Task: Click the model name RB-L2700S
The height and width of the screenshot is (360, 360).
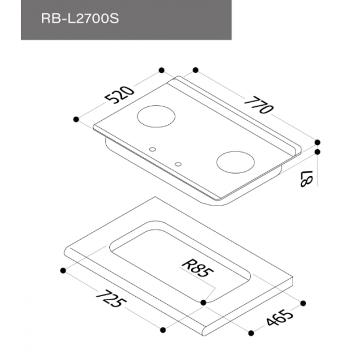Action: click(x=80, y=19)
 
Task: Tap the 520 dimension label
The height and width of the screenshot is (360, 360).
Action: click(x=120, y=95)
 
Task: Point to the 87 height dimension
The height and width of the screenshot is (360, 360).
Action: click(x=307, y=179)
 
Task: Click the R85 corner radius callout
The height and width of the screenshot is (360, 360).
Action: click(x=197, y=268)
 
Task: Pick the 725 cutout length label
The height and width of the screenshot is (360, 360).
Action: click(x=111, y=298)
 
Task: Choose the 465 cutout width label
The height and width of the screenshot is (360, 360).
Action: click(x=279, y=318)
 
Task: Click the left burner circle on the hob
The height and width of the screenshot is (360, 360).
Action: click(x=156, y=116)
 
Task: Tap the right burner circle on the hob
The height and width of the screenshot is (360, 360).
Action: click(x=236, y=162)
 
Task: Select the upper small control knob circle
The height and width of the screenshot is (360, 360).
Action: click(x=153, y=149)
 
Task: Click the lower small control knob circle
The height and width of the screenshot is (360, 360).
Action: click(x=178, y=164)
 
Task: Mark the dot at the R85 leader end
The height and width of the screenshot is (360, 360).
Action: click(x=203, y=303)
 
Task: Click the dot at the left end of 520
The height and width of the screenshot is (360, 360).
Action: click(x=76, y=120)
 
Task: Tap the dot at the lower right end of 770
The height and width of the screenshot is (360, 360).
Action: click(x=317, y=142)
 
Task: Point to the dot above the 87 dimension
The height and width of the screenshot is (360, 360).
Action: click(x=317, y=152)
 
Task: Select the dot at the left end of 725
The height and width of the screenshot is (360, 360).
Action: click(x=63, y=271)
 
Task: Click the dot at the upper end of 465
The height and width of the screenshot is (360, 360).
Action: click(x=303, y=303)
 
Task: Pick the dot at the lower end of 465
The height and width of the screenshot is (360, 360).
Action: click(x=251, y=333)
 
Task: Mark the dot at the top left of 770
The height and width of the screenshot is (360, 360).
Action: click(x=196, y=70)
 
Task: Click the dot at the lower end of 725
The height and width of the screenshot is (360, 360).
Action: click(x=163, y=330)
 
